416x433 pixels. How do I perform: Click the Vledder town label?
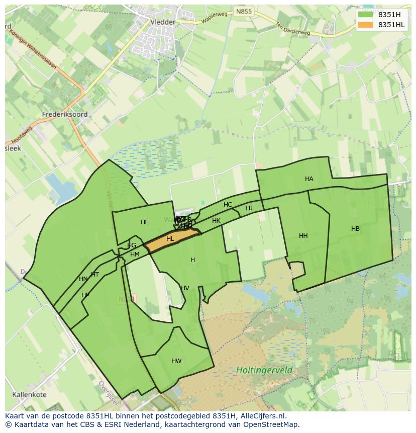[163, 22]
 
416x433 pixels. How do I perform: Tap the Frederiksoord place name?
[65, 114]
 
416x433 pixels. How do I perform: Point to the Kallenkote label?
[30, 394]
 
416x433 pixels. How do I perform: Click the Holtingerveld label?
[264, 371]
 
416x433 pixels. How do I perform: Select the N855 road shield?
[244, 11]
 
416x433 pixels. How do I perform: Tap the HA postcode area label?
[309, 179]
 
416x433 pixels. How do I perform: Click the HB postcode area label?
[355, 229]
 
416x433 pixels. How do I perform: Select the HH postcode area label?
[303, 236]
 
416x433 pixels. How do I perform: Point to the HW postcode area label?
[176, 361]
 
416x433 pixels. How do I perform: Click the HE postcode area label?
[145, 222]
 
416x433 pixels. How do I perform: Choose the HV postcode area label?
[185, 288]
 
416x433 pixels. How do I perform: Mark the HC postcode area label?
[228, 205]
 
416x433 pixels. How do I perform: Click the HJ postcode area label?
[249, 208]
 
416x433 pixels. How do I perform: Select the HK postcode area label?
[216, 221]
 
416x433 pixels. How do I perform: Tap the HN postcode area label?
[83, 279]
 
